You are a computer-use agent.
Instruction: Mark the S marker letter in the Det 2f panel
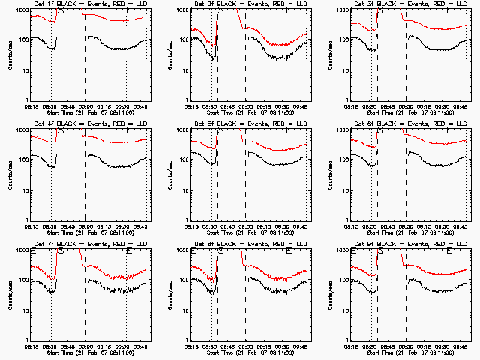(220, 12)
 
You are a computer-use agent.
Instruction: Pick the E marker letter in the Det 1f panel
(129, 12)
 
